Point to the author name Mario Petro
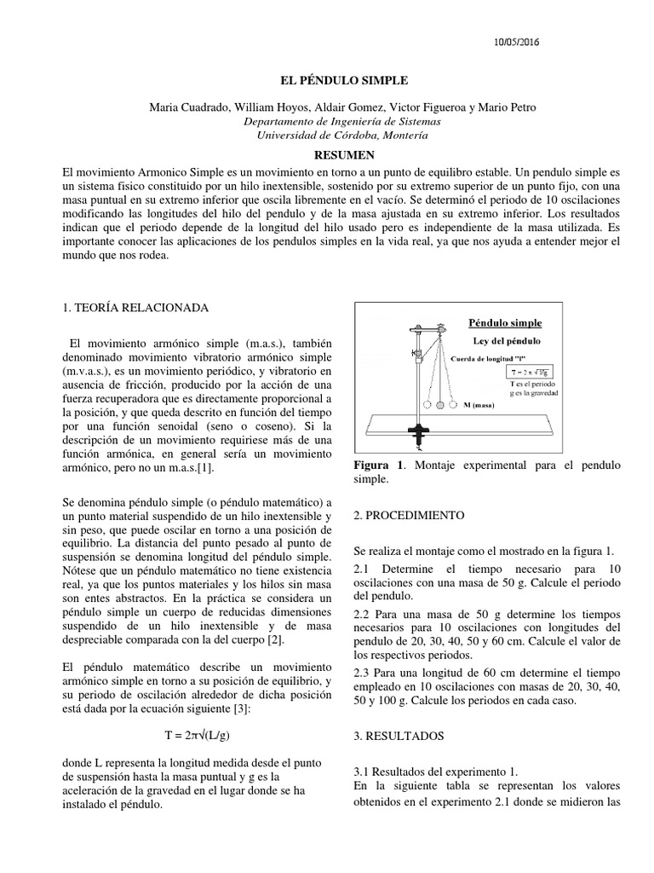click(x=508, y=107)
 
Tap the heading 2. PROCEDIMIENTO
click(x=408, y=516)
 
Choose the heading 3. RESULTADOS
click(x=396, y=735)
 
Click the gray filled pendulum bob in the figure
click(x=440, y=407)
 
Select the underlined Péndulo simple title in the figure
click(x=505, y=323)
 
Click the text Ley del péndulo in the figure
click(x=506, y=340)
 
